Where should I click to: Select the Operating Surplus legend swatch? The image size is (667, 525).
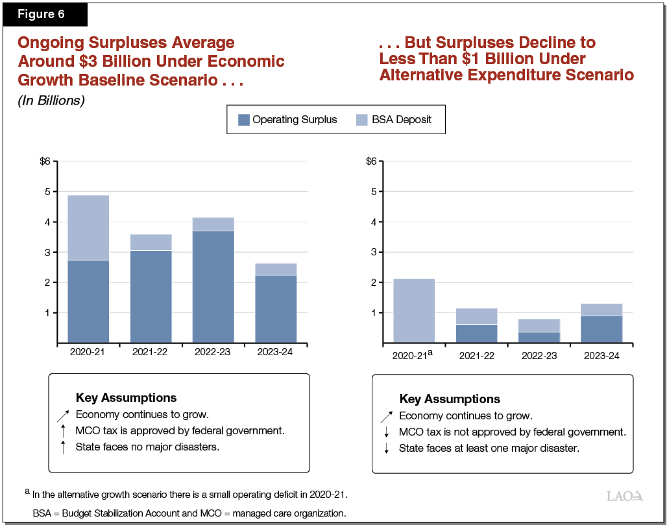click(244, 119)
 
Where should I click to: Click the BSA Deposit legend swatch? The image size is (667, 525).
click(362, 119)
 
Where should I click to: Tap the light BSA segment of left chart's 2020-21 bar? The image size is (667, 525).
click(88, 227)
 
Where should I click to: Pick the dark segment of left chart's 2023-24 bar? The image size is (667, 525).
click(276, 309)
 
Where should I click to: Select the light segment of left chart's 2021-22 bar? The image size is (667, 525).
click(151, 242)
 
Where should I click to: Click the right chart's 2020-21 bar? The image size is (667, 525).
click(414, 310)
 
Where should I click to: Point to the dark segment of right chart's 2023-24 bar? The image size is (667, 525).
click(601, 329)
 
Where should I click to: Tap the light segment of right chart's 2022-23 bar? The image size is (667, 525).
click(539, 325)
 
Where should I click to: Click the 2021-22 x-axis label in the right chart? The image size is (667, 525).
click(476, 356)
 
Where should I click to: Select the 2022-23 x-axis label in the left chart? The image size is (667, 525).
click(213, 352)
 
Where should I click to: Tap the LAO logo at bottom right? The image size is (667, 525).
click(624, 496)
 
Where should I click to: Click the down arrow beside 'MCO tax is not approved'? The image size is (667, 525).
click(386, 432)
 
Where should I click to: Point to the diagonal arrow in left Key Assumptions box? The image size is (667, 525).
click(62, 415)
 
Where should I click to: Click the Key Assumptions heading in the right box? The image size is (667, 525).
click(450, 399)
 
